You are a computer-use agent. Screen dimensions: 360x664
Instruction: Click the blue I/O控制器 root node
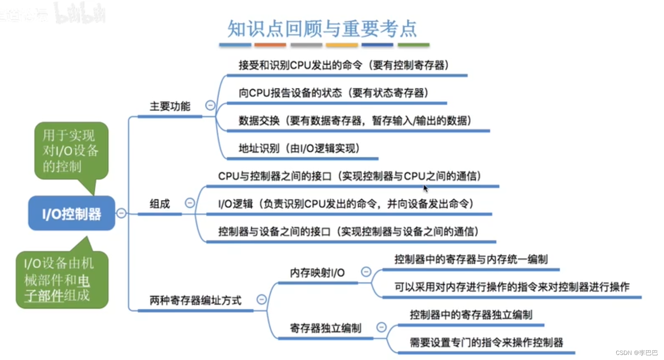point(71,213)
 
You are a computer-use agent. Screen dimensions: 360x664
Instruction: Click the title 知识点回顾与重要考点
point(322,29)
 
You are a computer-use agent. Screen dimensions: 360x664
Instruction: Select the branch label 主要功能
point(170,106)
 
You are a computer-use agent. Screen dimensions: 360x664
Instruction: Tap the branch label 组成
point(159,204)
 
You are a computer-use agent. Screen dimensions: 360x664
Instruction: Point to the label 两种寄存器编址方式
point(195,300)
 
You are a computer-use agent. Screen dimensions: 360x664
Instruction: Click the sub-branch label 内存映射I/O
point(317,273)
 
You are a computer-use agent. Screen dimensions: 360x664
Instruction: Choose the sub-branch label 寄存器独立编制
point(325,328)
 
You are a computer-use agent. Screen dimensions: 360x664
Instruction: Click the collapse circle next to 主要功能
point(210,105)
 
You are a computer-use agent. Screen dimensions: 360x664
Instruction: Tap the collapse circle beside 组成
point(190,203)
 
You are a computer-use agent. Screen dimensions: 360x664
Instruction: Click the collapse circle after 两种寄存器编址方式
point(262,300)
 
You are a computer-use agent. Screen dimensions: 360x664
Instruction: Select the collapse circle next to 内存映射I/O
point(366,272)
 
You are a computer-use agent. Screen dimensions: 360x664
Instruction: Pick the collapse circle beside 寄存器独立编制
point(381,327)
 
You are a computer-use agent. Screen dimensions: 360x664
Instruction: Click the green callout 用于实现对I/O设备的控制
point(71,151)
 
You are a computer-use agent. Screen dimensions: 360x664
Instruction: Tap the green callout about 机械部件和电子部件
point(62,279)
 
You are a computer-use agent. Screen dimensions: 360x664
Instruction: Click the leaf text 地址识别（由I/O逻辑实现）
point(299,148)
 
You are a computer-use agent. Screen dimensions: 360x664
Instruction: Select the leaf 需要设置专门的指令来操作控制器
point(486,342)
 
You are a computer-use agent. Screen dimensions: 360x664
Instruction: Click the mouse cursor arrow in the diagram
point(425,189)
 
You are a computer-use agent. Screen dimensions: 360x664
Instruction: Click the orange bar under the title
point(270,44)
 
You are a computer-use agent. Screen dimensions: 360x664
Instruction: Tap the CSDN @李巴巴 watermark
point(637,352)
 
